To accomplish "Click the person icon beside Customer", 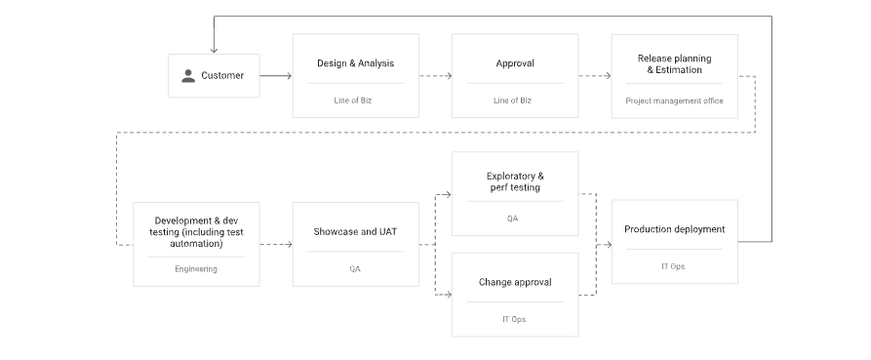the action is point(188,76).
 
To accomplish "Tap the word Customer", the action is point(222,75).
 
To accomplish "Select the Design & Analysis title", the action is point(355,63).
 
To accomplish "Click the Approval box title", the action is point(515,63).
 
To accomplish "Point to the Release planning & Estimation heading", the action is point(674,63).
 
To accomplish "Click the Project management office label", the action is point(674,100).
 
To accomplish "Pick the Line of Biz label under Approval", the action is point(512,100).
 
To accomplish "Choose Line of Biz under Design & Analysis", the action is point(353,100).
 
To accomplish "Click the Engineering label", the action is point(196,269).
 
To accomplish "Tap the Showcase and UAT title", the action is point(355,231).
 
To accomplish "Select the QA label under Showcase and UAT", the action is point(355,269).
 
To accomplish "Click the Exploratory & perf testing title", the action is point(515,181).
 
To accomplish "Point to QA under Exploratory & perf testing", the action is point(512,219).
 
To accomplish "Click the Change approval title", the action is point(515,282).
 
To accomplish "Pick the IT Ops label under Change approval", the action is point(514,319).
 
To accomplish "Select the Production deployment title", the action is point(674,229).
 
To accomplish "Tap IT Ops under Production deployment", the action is point(673,266).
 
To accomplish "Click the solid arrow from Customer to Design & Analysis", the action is point(276,75).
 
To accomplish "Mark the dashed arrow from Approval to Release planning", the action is point(594,75).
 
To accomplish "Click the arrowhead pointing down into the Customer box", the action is point(214,50).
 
